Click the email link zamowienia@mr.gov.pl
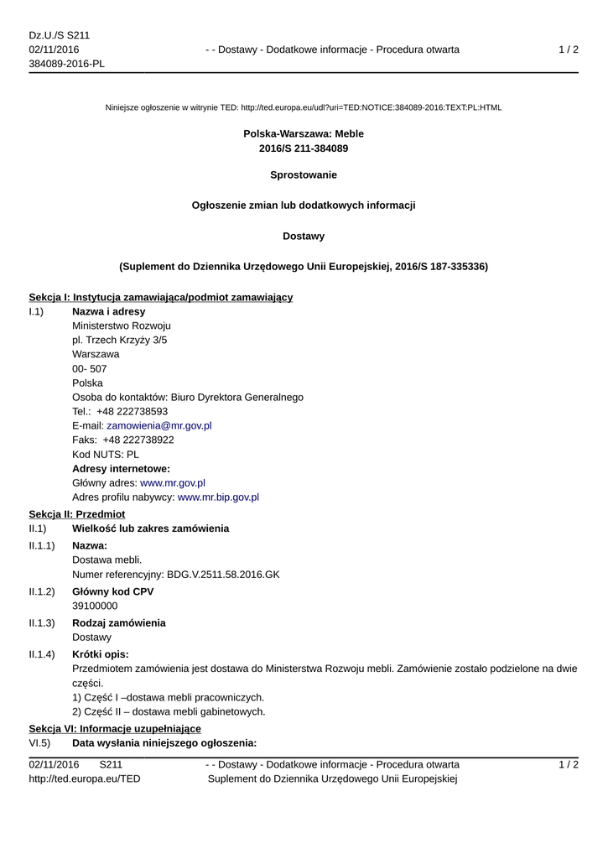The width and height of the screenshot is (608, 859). pos(159,425)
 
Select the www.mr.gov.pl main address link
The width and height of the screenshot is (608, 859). pos(173,483)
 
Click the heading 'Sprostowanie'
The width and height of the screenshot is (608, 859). pos(304,175)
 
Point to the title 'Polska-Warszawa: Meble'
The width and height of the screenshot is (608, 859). pos(304,133)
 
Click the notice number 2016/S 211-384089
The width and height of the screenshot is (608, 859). pos(304,148)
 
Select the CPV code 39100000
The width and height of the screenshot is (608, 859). pos(95,606)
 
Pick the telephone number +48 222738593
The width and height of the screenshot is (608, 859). pos(132,411)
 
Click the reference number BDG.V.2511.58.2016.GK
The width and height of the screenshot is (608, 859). pos(223,575)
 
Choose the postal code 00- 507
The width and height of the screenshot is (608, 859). pos(90,368)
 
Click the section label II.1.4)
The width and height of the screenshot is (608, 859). pos(42,654)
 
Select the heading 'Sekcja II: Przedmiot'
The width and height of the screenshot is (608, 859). pos(77,513)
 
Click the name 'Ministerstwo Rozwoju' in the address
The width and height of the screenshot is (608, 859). pos(122,325)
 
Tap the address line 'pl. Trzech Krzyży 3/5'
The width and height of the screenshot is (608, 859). pos(119,340)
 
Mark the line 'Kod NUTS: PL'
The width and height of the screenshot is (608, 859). pos(106,455)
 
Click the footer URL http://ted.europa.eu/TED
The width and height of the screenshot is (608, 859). pos(85,779)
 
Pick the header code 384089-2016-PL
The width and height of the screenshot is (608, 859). pos(66,64)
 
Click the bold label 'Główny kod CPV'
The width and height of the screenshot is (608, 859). pos(112,591)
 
